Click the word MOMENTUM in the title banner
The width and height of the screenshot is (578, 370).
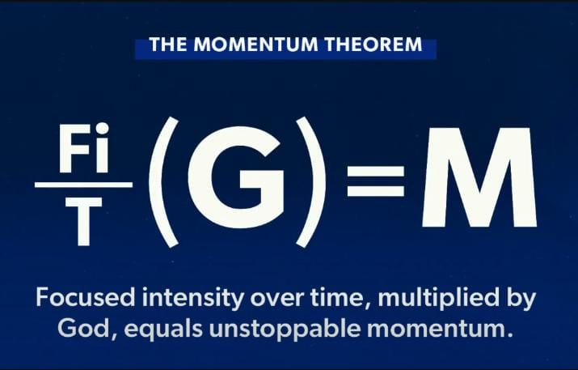click(x=261, y=45)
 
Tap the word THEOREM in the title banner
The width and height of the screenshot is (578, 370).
click(x=376, y=45)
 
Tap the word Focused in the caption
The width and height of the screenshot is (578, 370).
click(x=82, y=298)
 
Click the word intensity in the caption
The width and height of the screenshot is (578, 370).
click(x=187, y=298)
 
